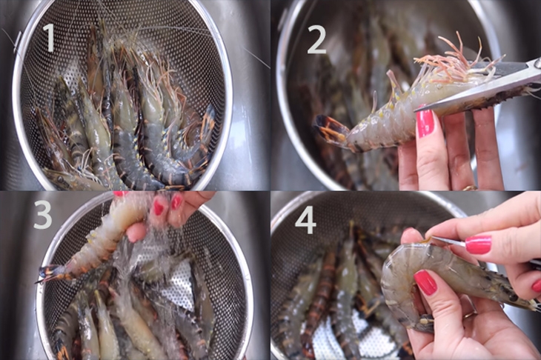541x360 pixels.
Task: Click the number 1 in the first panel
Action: [x=48, y=37]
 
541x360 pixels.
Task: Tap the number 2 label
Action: [x=316, y=39]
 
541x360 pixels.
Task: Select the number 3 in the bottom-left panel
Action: [x=42, y=215]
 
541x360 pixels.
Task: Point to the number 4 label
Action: [x=305, y=220]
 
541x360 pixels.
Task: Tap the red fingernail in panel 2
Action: [x=425, y=123]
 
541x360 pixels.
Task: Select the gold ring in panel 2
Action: [x=469, y=188]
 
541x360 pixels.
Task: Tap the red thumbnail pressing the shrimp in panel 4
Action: [x=425, y=281]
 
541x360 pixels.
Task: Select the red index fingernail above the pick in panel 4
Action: [x=478, y=244]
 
